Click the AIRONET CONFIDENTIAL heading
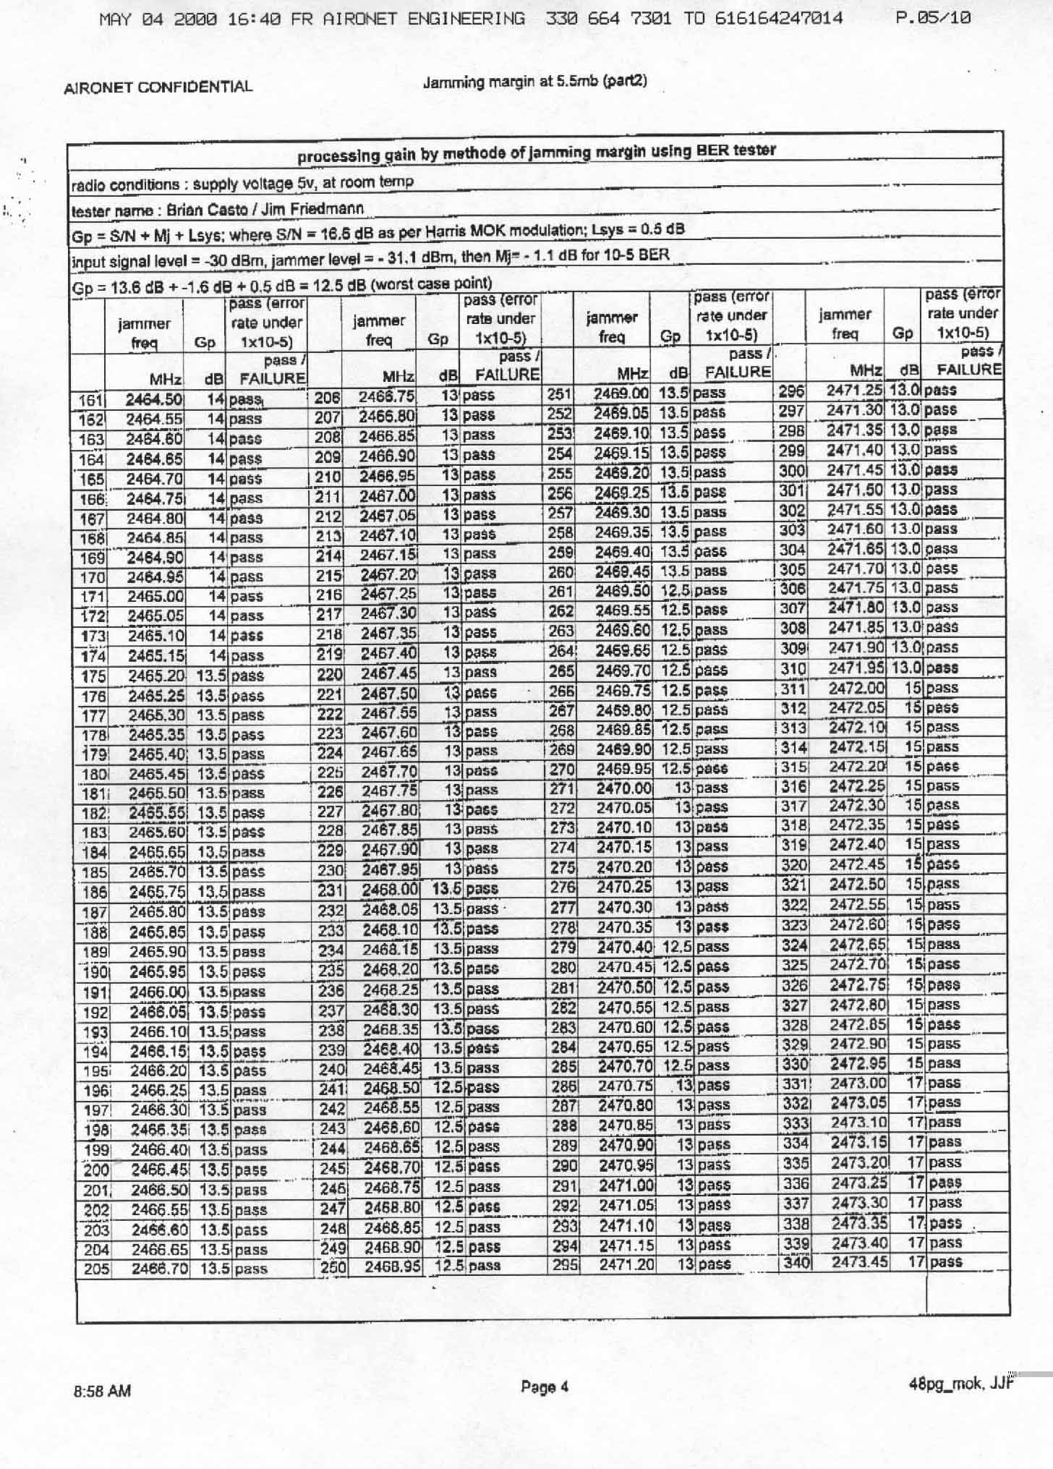point(158,88)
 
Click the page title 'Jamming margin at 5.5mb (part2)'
point(534,82)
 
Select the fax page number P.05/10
point(932,18)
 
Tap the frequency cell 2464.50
point(154,399)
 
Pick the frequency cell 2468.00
point(391,889)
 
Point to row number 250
point(333,1266)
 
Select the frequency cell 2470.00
point(623,788)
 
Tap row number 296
point(792,391)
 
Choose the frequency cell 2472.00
point(857,688)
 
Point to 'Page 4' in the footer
point(545,1387)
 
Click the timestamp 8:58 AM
point(102,1391)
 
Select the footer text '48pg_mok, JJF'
point(958,1384)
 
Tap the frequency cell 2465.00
point(155,597)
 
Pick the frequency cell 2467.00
point(389,495)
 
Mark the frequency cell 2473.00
point(858,1083)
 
